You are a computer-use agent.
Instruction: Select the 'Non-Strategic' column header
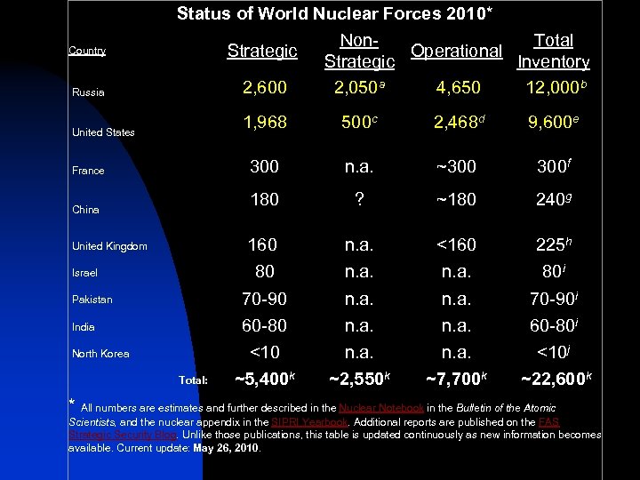(359, 51)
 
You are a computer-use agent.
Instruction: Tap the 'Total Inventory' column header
(553, 51)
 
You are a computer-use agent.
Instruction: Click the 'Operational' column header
(457, 51)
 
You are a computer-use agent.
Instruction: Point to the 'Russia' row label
(88, 92)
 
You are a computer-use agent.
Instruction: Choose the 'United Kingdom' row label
(109, 246)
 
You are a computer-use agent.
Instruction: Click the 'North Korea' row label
(100, 354)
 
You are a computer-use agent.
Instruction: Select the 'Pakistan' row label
(92, 300)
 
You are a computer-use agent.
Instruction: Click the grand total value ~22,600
(553, 381)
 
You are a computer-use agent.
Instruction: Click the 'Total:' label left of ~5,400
(193, 380)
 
